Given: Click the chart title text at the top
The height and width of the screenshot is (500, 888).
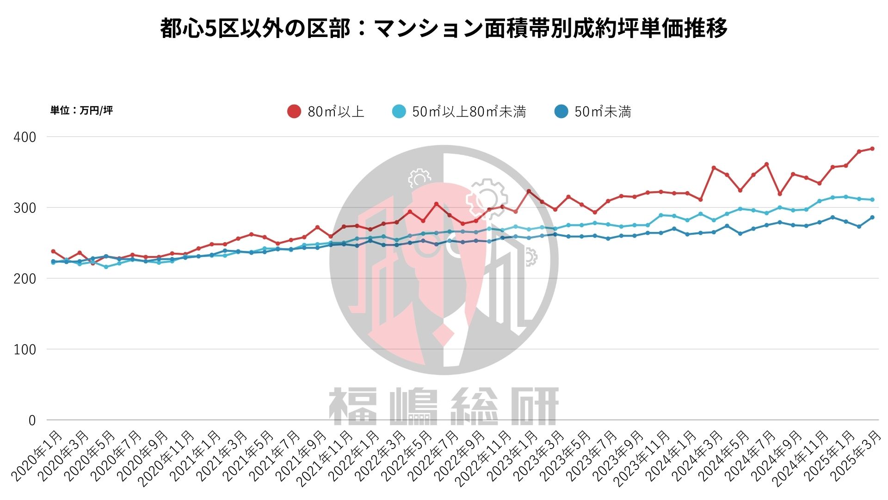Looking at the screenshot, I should coord(444,28).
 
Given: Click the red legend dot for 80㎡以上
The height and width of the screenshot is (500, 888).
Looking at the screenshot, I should coord(294,112).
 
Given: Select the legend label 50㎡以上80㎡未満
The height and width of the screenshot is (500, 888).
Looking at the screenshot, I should coord(469,112).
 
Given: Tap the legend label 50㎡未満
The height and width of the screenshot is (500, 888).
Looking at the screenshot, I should coord(603,112).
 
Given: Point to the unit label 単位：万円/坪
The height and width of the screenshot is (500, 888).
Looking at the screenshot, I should coord(81,110).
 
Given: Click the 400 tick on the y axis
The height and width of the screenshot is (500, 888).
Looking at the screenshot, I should coord(25,137).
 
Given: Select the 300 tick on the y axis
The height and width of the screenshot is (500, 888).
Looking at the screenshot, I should coord(25,208).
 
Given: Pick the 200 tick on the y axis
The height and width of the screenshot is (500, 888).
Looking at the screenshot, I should coord(25,279).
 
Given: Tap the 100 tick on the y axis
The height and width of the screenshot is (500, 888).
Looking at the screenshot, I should coord(25,350).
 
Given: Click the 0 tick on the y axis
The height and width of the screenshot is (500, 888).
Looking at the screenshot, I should coord(32,420).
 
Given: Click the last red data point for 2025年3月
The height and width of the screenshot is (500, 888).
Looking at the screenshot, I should coord(872,149).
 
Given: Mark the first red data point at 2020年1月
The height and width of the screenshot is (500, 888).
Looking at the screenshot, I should coord(53,251).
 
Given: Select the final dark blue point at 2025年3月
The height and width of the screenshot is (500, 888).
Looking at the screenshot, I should coord(872,217).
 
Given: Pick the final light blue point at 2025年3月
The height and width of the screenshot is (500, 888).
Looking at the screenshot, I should coord(872,200).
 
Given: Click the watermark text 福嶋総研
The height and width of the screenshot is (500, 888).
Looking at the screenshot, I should coord(444,406).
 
